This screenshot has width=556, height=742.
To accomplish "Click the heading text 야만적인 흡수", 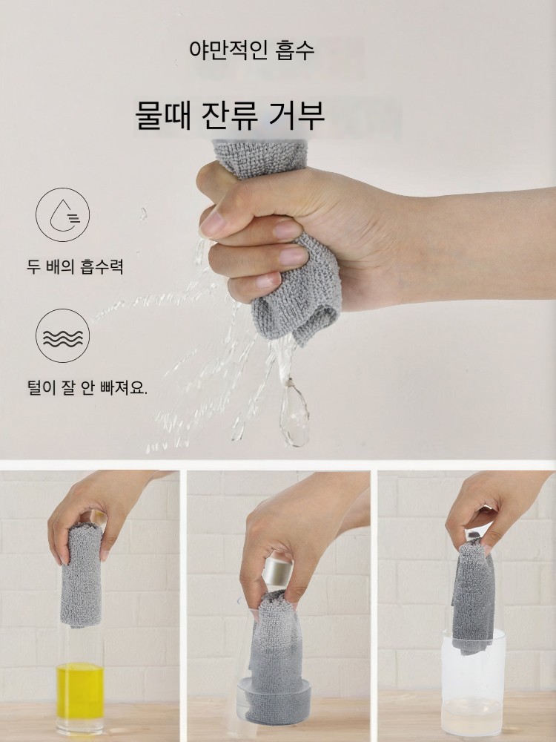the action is coord(251,50).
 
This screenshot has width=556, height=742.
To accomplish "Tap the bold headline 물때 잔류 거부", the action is coord(230,115).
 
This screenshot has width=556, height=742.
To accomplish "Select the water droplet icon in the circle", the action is coord(63,214).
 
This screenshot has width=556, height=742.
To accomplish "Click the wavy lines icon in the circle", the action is coord(63,335).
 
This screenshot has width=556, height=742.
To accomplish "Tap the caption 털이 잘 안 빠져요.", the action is coord(87,388).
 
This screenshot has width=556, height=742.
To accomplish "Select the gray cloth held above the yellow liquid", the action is coord(81,576).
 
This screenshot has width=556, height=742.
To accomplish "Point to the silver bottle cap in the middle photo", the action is coord(278,574).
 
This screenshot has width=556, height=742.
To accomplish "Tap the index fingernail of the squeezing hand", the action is coord(211,223).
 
